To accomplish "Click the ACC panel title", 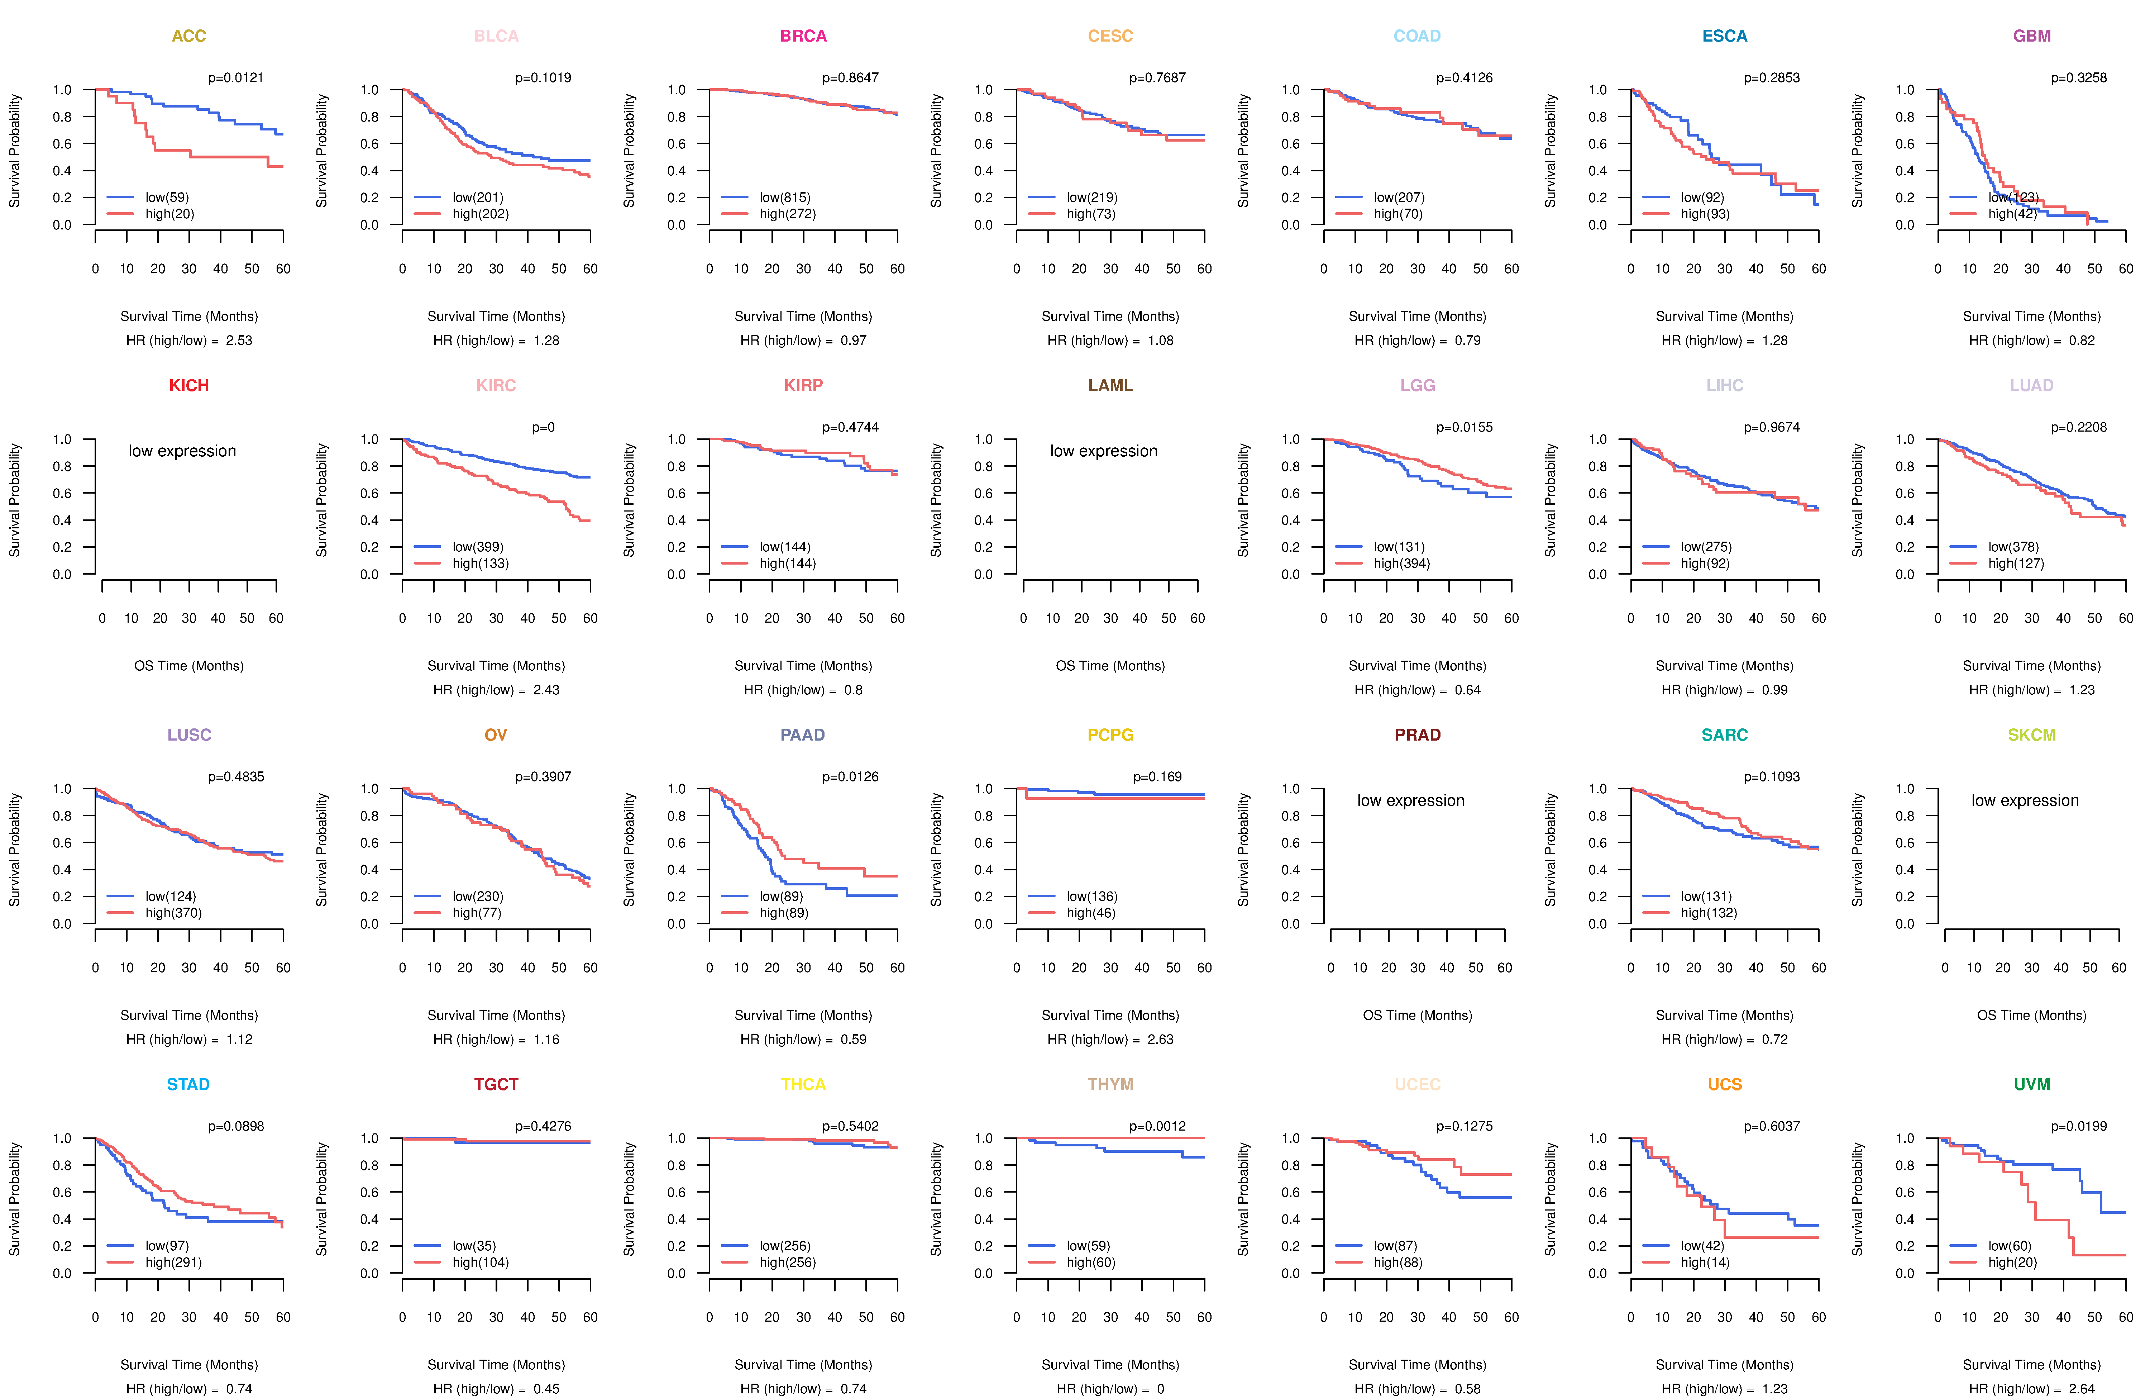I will tap(189, 36).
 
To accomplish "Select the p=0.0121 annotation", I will tap(236, 78).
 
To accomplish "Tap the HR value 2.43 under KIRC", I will tap(546, 690).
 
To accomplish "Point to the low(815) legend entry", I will tap(784, 197).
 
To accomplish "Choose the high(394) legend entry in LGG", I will tap(1401, 563).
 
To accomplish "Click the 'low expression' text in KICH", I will tap(182, 451).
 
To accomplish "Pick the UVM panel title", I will tap(2032, 1084).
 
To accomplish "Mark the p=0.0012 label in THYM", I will tap(1157, 1126).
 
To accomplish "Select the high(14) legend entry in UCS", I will tap(1705, 1263).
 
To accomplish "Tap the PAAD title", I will tap(803, 735).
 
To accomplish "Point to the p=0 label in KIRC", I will tap(543, 427).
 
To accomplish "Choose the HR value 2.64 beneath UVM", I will tap(2081, 1389).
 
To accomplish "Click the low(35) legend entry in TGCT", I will tap(473, 1245).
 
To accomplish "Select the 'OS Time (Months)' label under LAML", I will tap(1110, 666).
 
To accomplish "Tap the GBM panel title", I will tap(2032, 36).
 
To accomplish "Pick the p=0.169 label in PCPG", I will tap(1157, 776).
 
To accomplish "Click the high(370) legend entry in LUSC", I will tap(173, 913).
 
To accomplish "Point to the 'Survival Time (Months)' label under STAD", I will tap(189, 1365).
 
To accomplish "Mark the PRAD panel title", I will tap(1417, 735).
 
